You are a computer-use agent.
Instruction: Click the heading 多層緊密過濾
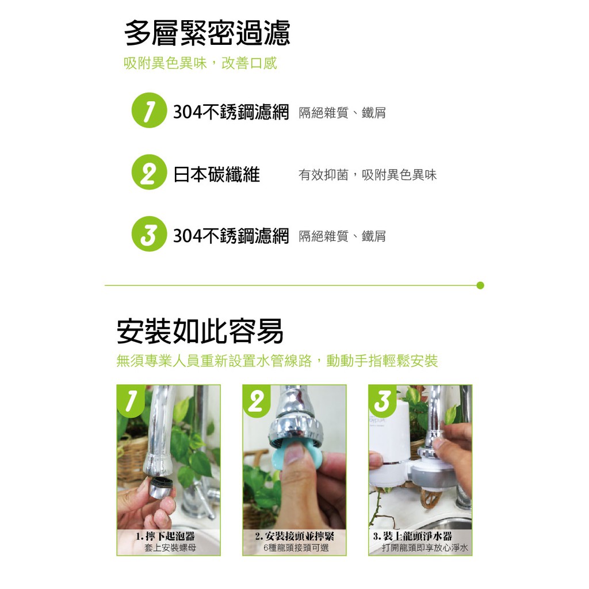pos(207,33)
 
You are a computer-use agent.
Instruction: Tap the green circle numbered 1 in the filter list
pos(149,110)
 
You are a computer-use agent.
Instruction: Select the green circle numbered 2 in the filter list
pos(149,172)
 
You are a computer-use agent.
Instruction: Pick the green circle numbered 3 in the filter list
pos(149,234)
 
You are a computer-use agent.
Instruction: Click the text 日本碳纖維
pos(216,175)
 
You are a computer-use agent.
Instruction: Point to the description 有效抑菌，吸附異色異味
pos(368,175)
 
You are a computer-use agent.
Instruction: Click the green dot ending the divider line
pos(480,285)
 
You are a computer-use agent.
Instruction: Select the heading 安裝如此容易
pos(200,331)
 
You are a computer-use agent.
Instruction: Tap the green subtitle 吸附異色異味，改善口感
pos(200,63)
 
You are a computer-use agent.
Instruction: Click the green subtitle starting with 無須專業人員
pos(277,361)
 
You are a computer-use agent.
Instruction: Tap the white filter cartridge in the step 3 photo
pos(389,447)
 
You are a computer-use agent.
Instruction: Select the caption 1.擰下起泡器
pos(165,536)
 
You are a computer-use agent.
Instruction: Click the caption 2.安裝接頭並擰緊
pos(294,536)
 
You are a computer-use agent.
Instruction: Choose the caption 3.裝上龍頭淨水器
pos(412,536)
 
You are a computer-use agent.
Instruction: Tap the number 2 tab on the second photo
pos(257,401)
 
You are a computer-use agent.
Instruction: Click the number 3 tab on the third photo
pos(383,401)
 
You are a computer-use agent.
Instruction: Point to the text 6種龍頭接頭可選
pos(296,548)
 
